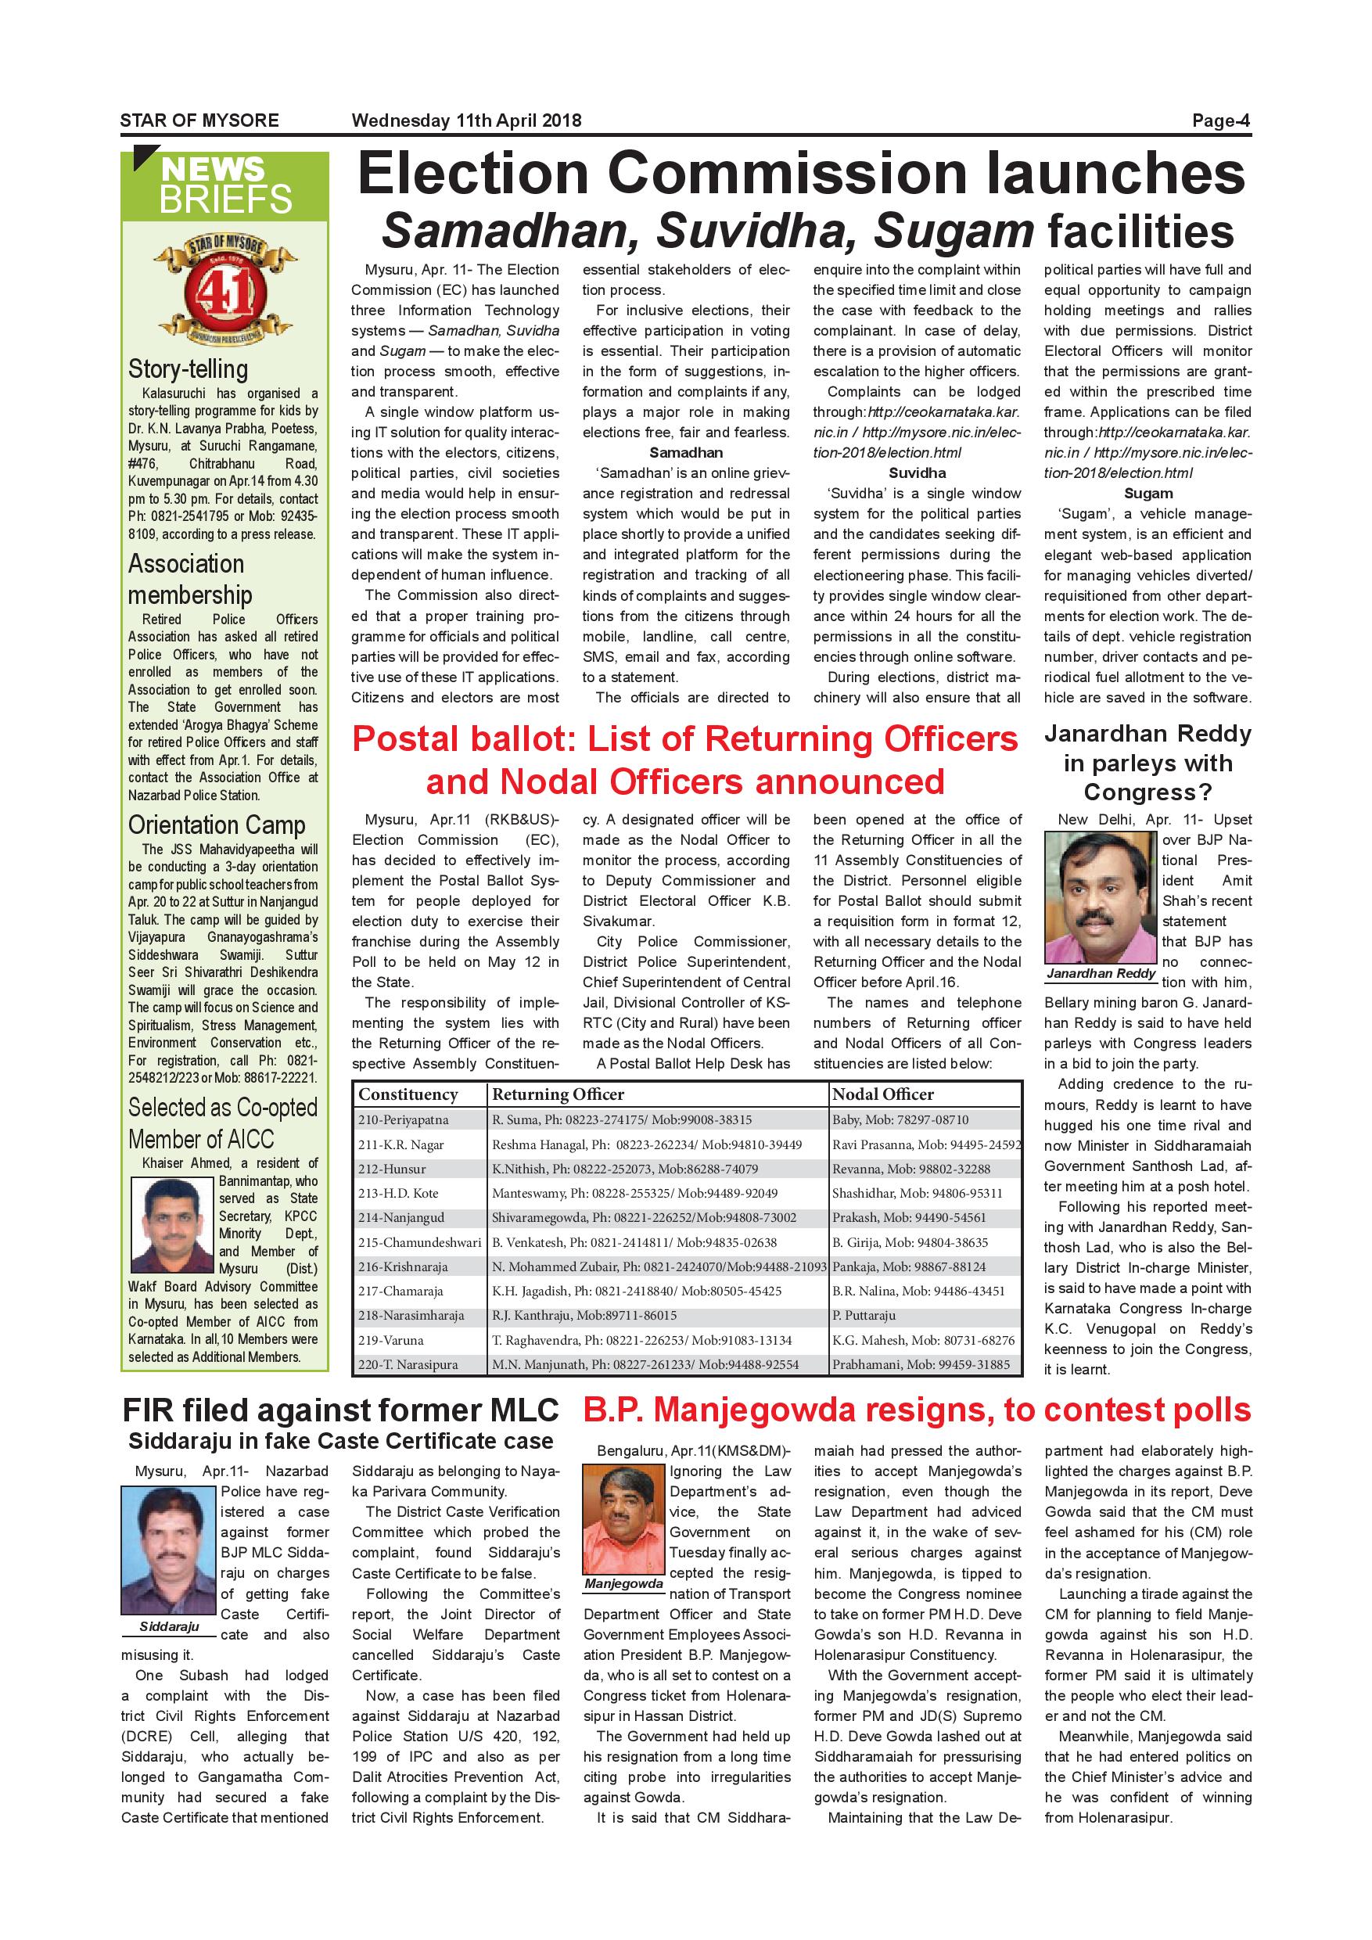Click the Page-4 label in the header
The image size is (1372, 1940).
[1220, 120]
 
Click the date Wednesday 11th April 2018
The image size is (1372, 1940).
[466, 120]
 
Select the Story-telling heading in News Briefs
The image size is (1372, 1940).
[189, 369]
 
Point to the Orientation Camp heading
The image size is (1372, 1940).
[216, 824]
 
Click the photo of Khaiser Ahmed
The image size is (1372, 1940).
[172, 1225]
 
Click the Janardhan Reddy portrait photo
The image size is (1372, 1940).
[1100, 897]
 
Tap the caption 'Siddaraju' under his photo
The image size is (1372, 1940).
[169, 1626]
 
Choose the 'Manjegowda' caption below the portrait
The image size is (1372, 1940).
[623, 1583]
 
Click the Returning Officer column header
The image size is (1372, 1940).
[558, 1094]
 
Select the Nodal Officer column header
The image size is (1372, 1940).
[883, 1094]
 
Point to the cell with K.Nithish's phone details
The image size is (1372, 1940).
[624, 1169]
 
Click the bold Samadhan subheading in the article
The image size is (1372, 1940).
[686, 453]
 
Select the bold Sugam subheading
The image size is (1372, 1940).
[1148, 494]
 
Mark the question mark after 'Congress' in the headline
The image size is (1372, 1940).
[1205, 792]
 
